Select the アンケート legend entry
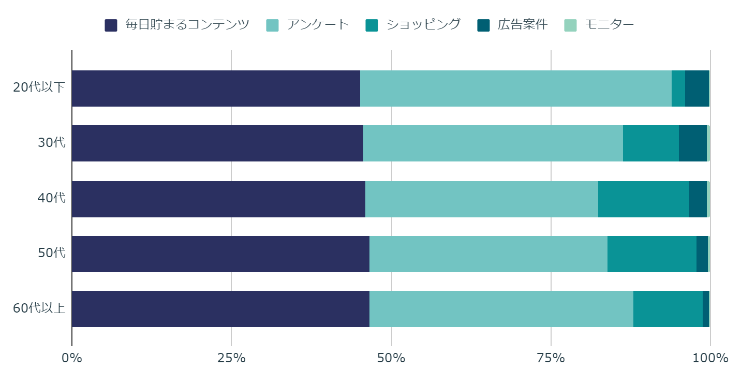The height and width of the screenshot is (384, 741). coord(308,25)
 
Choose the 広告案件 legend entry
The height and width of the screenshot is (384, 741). coord(513,25)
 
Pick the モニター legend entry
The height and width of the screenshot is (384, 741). coord(600,25)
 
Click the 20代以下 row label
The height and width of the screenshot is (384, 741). coord(39,87)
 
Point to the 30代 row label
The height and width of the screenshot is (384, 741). coord(52,143)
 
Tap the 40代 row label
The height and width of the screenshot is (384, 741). coord(52,198)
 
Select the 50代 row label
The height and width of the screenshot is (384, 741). coord(52,253)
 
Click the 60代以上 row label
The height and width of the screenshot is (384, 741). coord(39,308)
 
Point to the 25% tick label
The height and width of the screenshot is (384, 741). coord(231,358)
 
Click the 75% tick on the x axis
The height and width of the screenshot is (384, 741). coord(551,358)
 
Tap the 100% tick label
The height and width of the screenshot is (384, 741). coord(710,358)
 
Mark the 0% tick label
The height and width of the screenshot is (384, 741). coord(72,358)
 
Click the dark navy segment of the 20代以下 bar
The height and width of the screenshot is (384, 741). coord(216,88)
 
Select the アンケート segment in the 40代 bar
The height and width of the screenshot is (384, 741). coord(482,199)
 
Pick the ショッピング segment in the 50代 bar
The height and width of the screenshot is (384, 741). coord(652,254)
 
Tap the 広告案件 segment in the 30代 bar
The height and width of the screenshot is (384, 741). coord(693,143)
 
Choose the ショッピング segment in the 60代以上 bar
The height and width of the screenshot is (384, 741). coord(668,309)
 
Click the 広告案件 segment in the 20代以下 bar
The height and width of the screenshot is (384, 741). coord(697,88)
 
